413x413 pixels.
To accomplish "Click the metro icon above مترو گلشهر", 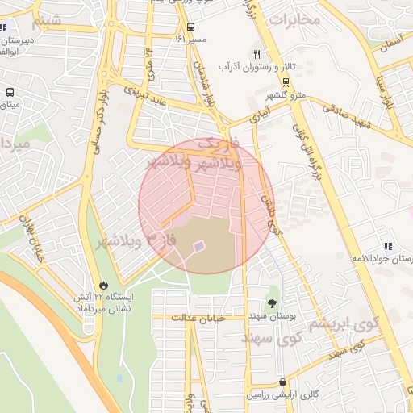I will tap(286, 82).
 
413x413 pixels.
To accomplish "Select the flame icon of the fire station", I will tap(103, 285).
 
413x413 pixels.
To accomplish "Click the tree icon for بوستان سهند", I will tap(272, 303).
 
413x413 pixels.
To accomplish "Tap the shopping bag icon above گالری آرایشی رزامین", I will tap(282, 382).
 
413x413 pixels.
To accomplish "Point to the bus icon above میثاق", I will tap(10, 93).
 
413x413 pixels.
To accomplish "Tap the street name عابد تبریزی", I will tap(144, 96).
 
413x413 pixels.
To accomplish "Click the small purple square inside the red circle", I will tap(198, 245).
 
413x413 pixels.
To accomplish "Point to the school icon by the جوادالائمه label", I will tap(388, 246).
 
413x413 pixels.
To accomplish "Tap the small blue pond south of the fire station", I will tap(119, 378).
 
